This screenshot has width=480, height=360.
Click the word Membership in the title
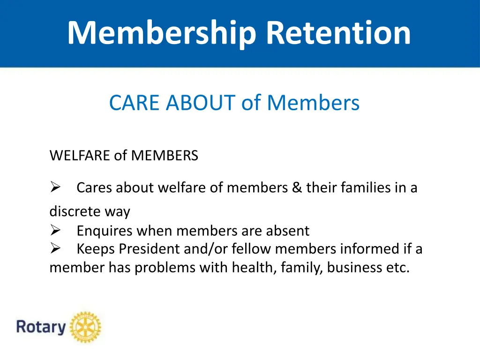click(162, 33)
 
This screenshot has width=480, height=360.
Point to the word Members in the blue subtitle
click(313, 103)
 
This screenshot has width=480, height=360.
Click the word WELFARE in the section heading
click(80, 155)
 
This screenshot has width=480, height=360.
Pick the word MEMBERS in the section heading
click(165, 155)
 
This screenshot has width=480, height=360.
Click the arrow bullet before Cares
click(55, 188)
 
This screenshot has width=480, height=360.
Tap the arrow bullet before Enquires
click(55, 231)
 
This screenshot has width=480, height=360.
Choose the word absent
click(288, 231)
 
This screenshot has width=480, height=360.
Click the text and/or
click(205, 249)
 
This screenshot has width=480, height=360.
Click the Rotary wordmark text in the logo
click(41, 327)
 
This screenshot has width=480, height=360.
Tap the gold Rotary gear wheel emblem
click(85, 327)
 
